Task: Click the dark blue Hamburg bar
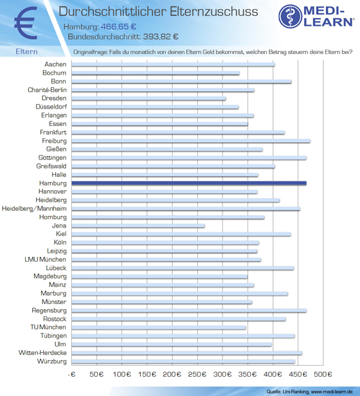point(189,183)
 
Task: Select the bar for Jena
point(138,226)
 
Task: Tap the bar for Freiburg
point(191,141)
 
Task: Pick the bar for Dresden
point(148,98)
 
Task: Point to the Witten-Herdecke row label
point(42,353)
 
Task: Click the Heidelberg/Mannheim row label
point(34,208)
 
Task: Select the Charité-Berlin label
point(47,90)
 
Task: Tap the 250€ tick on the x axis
point(197,374)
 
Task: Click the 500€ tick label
point(323,374)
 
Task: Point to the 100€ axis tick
point(122,374)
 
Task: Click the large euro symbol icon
point(26,23)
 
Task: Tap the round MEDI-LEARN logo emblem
point(291,16)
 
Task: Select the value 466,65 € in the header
point(118,26)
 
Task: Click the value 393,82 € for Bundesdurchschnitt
point(161,37)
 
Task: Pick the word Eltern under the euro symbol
point(26,51)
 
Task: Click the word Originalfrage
point(90,52)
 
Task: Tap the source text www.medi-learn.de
point(332,392)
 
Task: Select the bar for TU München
point(159,328)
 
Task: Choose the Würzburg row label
point(52,361)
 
